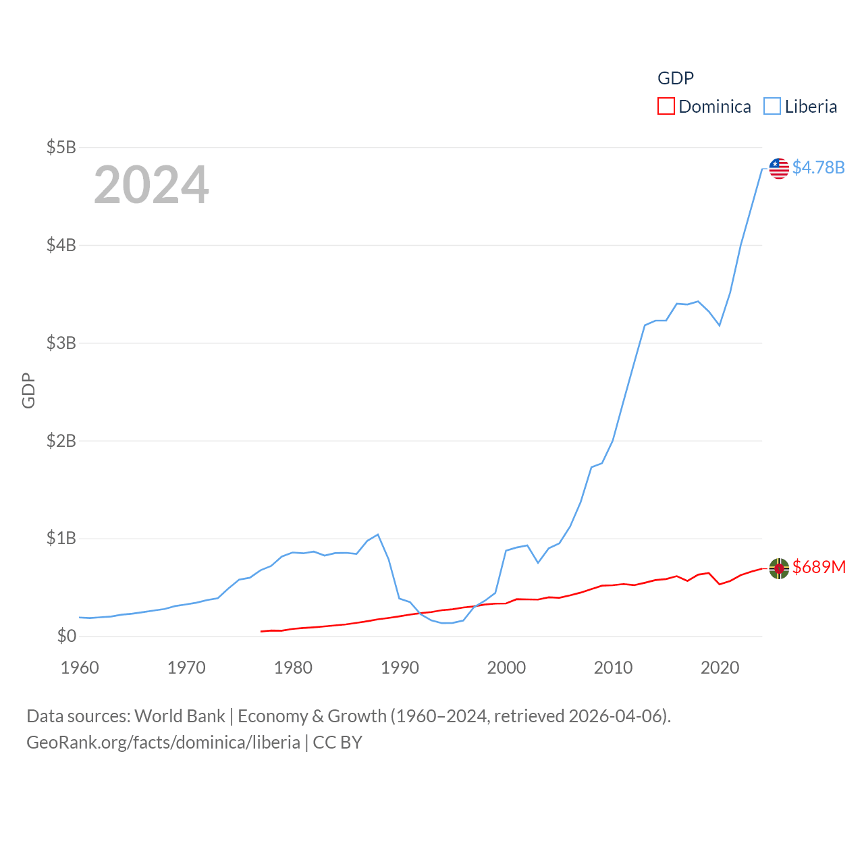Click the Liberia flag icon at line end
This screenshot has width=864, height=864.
(x=779, y=168)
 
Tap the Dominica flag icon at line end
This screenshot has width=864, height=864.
(x=779, y=568)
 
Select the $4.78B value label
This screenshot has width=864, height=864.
(x=818, y=167)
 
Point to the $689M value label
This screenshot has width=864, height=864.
(x=819, y=567)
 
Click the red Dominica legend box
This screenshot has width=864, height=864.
(x=666, y=107)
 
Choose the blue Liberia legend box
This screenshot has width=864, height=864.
(x=772, y=107)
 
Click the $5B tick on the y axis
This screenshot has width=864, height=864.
(x=61, y=147)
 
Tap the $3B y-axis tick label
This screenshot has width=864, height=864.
(x=61, y=343)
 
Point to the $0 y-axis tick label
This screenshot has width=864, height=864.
(x=66, y=636)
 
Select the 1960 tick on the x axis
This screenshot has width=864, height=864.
(x=80, y=668)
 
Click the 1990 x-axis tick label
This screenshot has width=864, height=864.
(x=400, y=668)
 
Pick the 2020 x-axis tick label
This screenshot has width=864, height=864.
(x=720, y=668)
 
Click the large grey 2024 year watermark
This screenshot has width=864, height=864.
(x=151, y=185)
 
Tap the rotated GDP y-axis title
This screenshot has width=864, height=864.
(x=28, y=390)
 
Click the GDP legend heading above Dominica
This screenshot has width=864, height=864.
(x=676, y=78)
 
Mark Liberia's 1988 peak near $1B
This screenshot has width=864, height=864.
(x=378, y=535)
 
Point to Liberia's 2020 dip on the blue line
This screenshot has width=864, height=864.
(x=720, y=325)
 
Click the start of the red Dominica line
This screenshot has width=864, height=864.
(x=261, y=631)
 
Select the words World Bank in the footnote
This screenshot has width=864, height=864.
(x=180, y=716)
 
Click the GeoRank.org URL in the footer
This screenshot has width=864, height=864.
(x=163, y=742)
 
